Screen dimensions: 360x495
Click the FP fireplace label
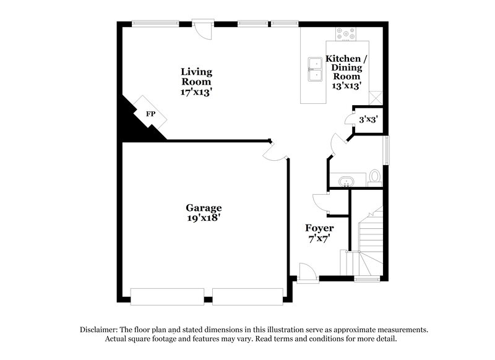pyautogui.click(x=150, y=114)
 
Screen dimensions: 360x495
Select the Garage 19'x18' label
pyautogui.click(x=204, y=213)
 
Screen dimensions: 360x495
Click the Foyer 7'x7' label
pyautogui.click(x=319, y=233)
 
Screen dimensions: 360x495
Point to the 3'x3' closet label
pyautogui.click(x=368, y=119)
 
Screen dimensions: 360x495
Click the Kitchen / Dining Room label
pyautogui.click(x=346, y=72)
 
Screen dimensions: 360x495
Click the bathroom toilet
pyautogui.click(x=375, y=178)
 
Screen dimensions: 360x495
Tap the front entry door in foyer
pyautogui.click(x=307, y=272)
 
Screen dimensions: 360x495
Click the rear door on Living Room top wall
pyautogui.click(x=202, y=27)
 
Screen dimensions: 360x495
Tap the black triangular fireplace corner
pyautogui.click(x=133, y=124)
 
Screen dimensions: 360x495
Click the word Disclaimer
pyautogui.click(x=99, y=330)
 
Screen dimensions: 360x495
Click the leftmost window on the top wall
pyautogui.click(x=152, y=24)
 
